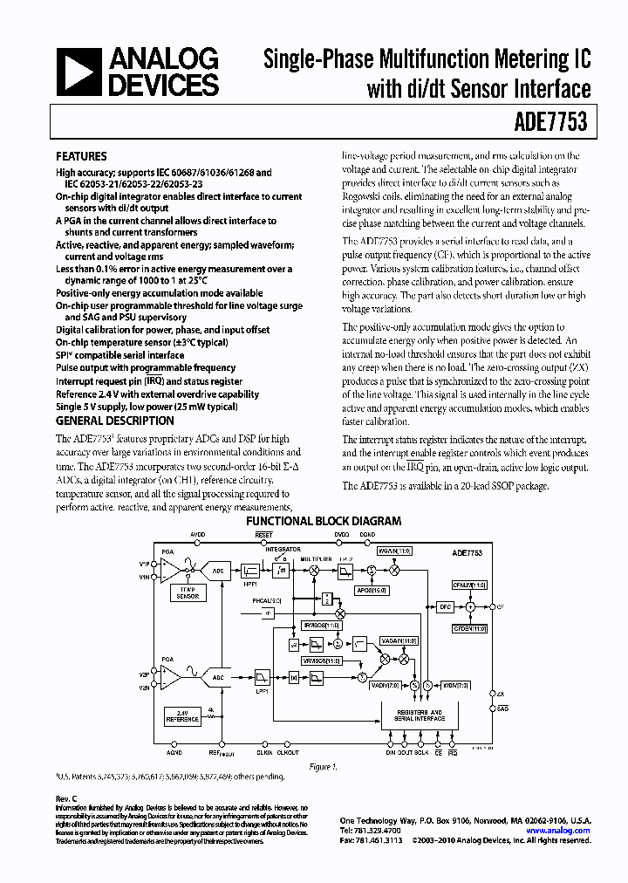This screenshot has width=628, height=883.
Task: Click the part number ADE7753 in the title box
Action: coord(556,124)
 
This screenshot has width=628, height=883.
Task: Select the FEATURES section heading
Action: coord(81,157)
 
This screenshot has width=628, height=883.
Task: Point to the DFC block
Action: coord(444,606)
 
